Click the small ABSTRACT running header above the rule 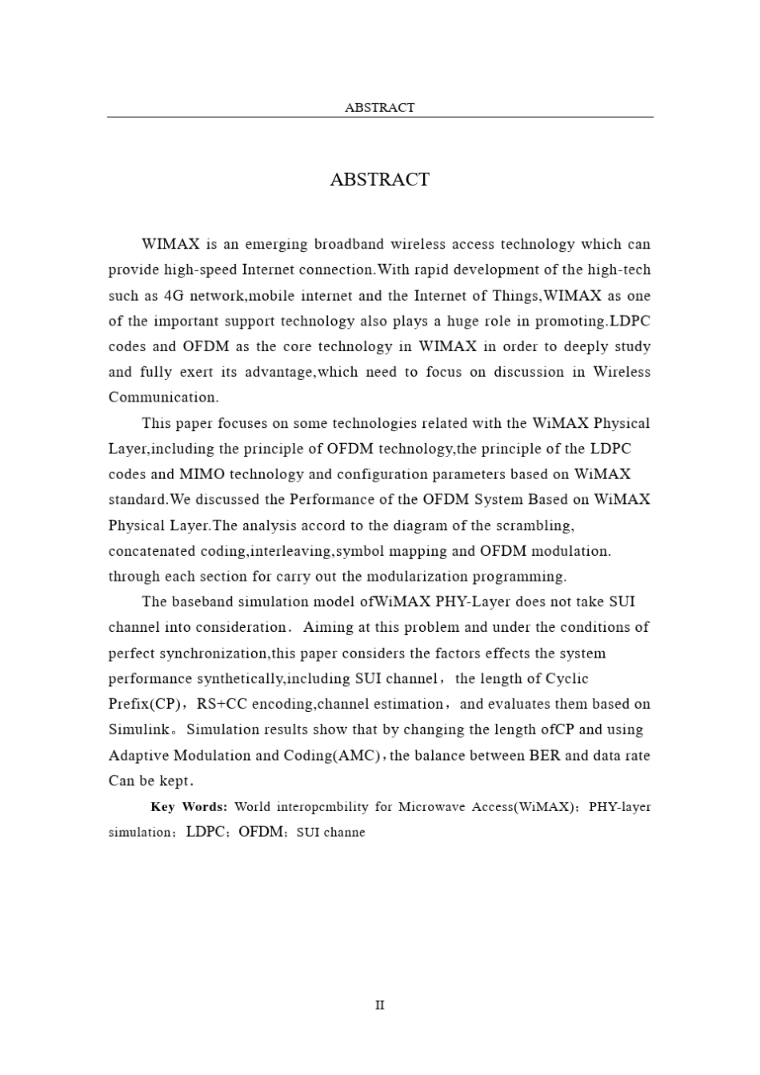click(x=379, y=107)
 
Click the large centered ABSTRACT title click(x=379, y=179)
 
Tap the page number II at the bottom click(x=379, y=1005)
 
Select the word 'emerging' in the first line click(x=276, y=244)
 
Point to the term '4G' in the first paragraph click(x=174, y=296)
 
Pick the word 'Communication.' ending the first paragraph click(x=163, y=398)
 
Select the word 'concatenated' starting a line click(x=153, y=551)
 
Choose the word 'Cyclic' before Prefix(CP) click(x=567, y=679)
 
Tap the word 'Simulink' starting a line click(x=139, y=729)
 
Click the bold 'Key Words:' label click(x=189, y=807)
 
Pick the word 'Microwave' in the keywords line click(x=433, y=807)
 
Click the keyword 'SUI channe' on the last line click(x=330, y=833)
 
